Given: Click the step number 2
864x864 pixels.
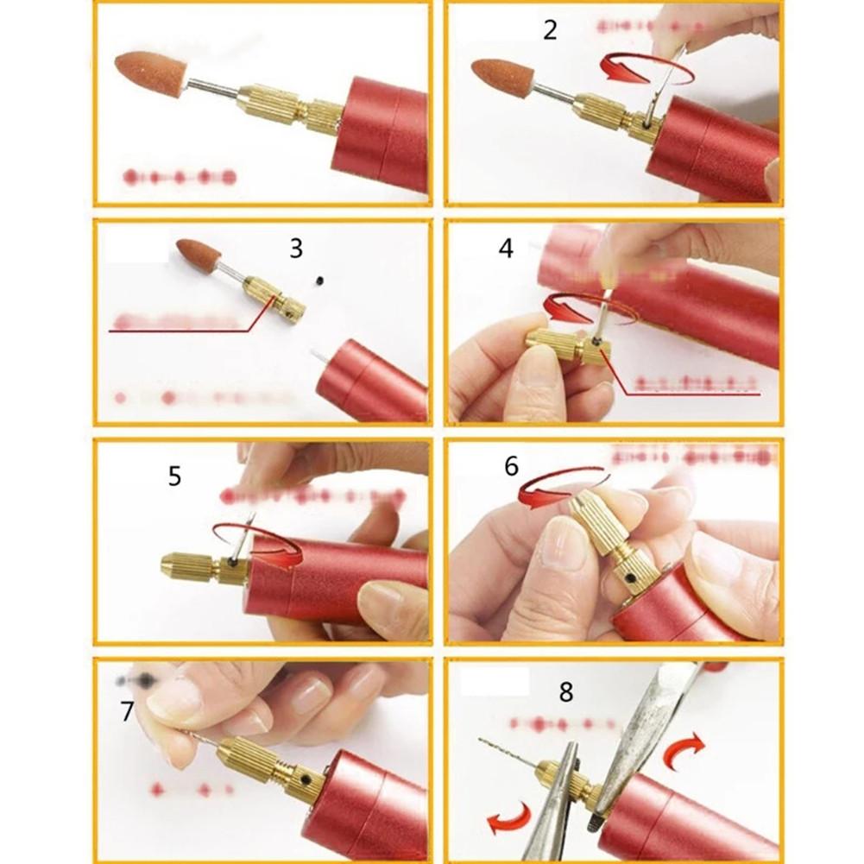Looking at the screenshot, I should [x=550, y=30].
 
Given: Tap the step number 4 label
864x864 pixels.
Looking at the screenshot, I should [x=506, y=249].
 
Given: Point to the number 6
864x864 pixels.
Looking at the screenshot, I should [x=511, y=467].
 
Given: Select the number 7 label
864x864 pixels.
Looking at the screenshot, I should [x=127, y=712].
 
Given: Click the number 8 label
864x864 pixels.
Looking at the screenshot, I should [x=565, y=691].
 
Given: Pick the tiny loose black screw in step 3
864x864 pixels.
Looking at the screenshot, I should [x=320, y=280].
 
